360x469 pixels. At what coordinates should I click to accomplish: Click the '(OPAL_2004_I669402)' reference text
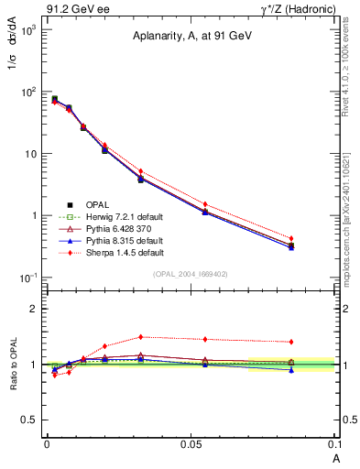coord(191,274)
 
